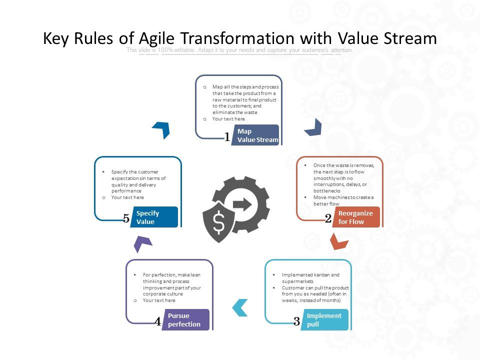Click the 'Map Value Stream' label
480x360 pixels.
click(257, 135)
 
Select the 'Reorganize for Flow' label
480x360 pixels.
click(355, 217)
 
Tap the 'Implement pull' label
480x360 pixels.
click(324, 320)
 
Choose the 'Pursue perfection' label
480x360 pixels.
click(184, 320)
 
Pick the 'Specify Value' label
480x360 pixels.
click(148, 217)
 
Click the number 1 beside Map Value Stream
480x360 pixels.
click(227, 137)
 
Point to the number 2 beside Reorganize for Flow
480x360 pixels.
click(328, 218)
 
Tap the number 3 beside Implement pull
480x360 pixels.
click(296, 321)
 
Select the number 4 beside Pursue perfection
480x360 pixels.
click(157, 321)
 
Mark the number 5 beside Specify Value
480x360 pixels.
click(126, 218)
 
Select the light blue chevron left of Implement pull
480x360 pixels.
click(240, 307)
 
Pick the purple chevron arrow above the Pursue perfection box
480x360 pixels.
click(143, 243)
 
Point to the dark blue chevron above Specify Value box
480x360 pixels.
click(161, 129)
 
